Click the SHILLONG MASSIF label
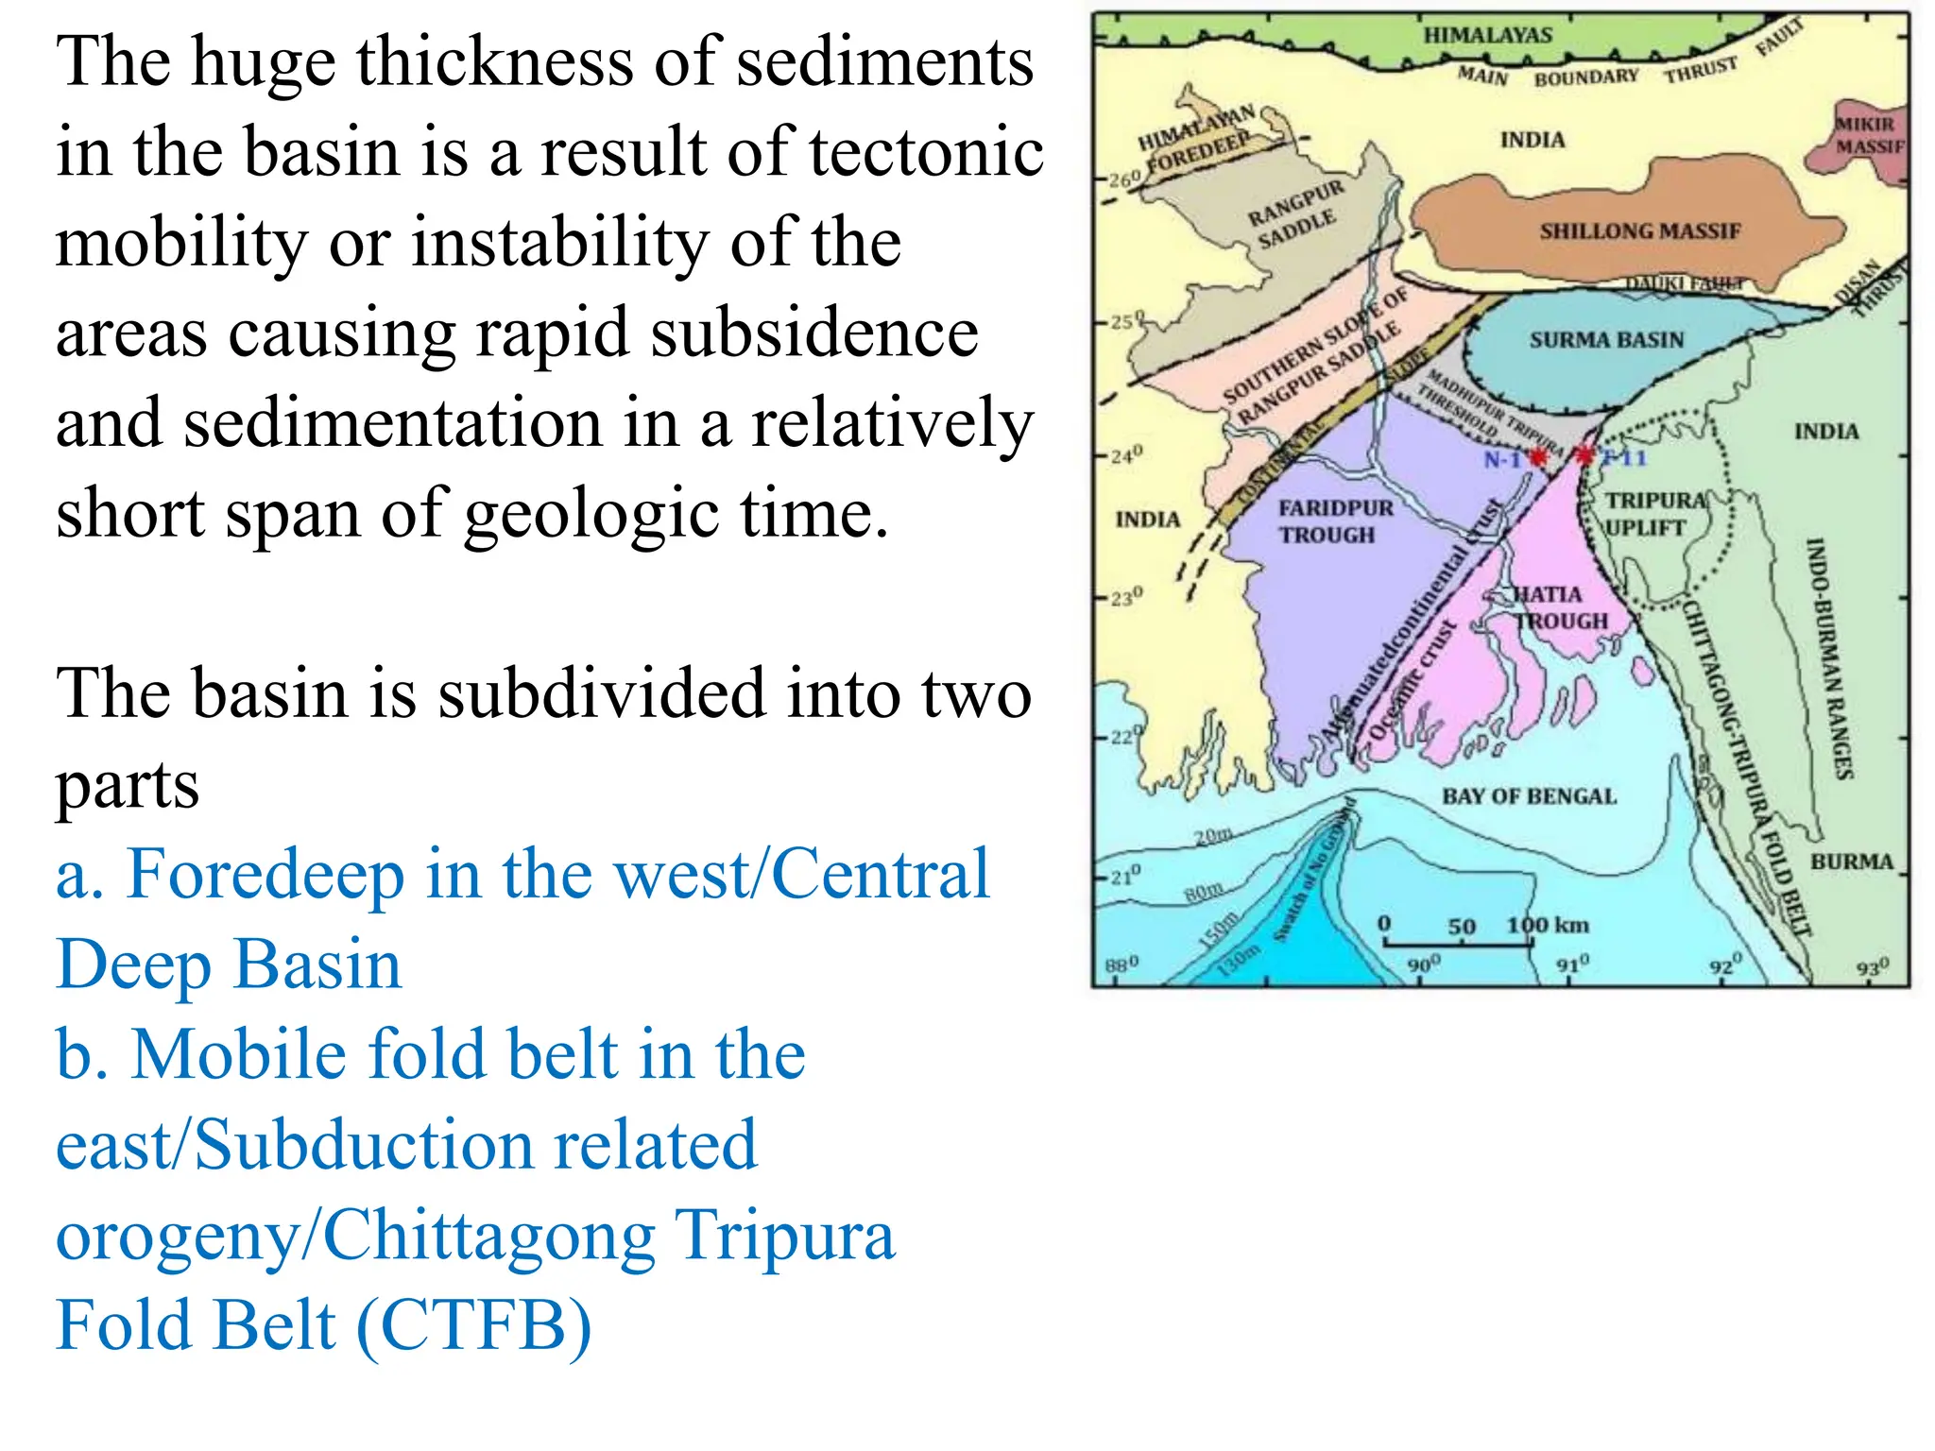[x=1639, y=231]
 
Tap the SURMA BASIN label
[x=1606, y=340]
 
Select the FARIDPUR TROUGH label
[x=1334, y=521]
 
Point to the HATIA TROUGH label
[x=1559, y=607]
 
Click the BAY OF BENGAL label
[x=1529, y=796]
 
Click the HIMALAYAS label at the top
[x=1487, y=36]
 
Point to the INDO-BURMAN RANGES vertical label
[x=1829, y=658]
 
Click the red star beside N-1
[x=1538, y=458]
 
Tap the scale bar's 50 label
[x=1461, y=927]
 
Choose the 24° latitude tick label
[x=1125, y=455]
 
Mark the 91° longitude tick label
[x=1573, y=964]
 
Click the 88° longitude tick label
[x=1122, y=965]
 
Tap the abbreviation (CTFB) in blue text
[x=474, y=1324]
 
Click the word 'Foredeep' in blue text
[x=266, y=874]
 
